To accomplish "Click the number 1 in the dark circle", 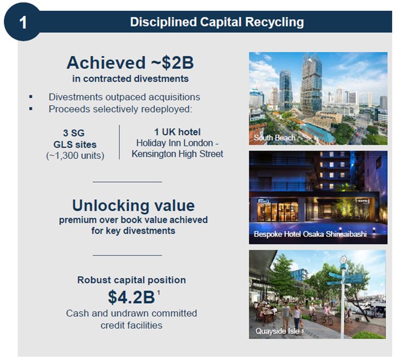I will (22, 23).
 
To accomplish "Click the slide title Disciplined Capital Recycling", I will (217, 22).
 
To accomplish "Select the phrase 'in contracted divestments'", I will (130, 79).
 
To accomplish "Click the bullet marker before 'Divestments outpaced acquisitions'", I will (31, 97).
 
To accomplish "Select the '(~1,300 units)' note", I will (75, 155).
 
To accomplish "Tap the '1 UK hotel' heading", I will (177, 132).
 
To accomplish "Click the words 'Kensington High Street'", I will (178, 154).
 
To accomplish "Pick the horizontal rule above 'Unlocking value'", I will (127, 182).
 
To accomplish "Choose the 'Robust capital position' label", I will (131, 280).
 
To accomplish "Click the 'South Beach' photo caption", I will (275, 138).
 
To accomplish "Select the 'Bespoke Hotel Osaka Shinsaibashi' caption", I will (310, 234).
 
